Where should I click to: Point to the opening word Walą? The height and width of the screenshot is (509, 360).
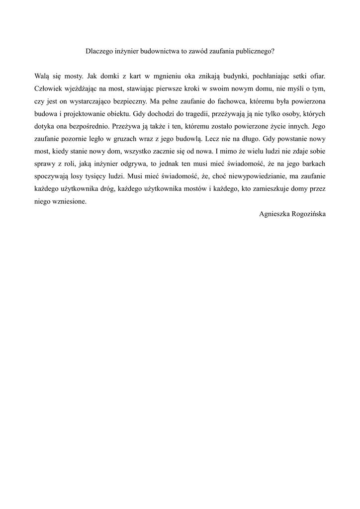(42, 76)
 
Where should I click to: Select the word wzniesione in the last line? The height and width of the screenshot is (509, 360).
(70, 202)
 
